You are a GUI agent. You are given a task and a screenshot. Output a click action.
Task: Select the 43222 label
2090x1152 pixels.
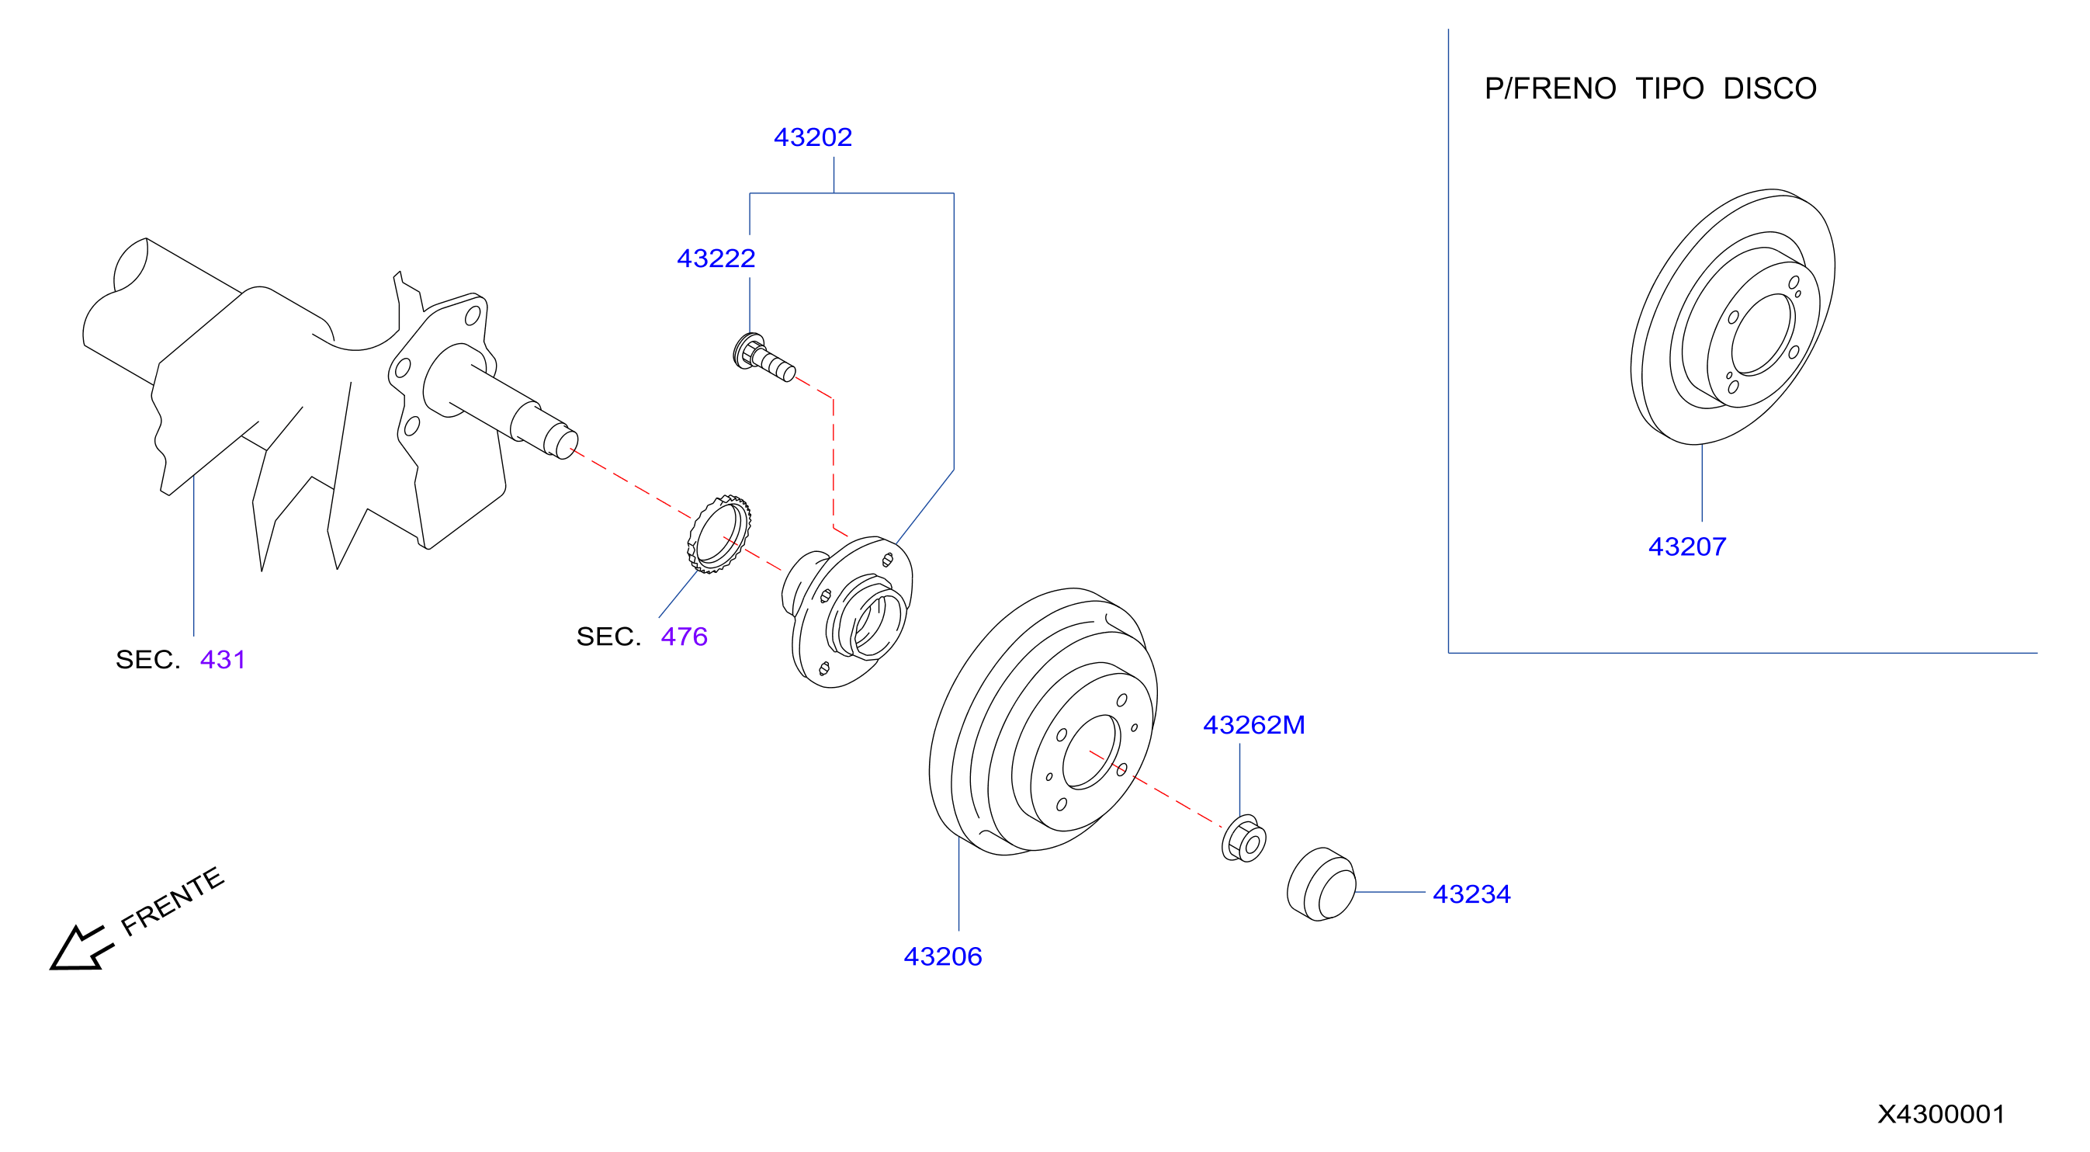(x=716, y=258)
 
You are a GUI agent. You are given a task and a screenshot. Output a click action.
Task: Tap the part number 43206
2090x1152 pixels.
(x=943, y=956)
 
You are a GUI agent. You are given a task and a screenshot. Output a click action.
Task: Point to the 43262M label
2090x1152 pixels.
(x=1253, y=724)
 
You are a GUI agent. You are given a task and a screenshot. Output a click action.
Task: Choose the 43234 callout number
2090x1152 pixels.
(x=1471, y=894)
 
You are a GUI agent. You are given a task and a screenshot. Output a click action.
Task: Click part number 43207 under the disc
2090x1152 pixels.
(x=1686, y=547)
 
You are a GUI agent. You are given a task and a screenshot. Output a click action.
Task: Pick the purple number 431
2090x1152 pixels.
(x=222, y=660)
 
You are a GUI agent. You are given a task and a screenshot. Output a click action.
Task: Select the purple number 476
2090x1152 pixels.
(x=684, y=636)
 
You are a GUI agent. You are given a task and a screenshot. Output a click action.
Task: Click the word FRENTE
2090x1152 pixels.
(x=172, y=900)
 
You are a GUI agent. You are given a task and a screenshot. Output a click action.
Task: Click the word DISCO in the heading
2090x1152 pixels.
(x=1769, y=88)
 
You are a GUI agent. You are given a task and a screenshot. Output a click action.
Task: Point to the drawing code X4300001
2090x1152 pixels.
(x=1941, y=1114)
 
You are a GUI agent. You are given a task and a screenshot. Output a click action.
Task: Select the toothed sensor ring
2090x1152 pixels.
(x=719, y=534)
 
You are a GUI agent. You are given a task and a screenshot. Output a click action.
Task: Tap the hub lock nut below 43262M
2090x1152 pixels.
(x=1244, y=840)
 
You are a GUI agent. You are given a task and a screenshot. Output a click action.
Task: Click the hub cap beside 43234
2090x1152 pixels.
(x=1321, y=884)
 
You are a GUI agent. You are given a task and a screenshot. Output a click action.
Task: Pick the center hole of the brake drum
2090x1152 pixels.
(x=1091, y=752)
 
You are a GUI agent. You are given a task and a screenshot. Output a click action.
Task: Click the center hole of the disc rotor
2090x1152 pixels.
(x=1762, y=335)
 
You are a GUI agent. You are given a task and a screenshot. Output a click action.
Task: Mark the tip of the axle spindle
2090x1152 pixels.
(x=567, y=442)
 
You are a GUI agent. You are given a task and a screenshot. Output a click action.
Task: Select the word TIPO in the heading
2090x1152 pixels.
(x=1669, y=88)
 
